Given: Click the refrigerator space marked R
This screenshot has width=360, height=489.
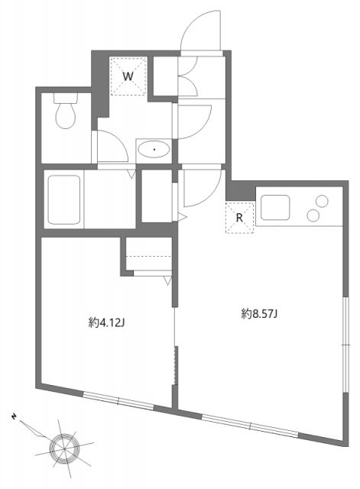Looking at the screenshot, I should click(x=239, y=218).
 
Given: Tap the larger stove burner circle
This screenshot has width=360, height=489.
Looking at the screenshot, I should click(x=313, y=216).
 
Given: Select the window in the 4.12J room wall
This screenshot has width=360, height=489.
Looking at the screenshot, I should click(x=118, y=398).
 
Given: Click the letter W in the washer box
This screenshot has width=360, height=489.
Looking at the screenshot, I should click(x=128, y=77).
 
